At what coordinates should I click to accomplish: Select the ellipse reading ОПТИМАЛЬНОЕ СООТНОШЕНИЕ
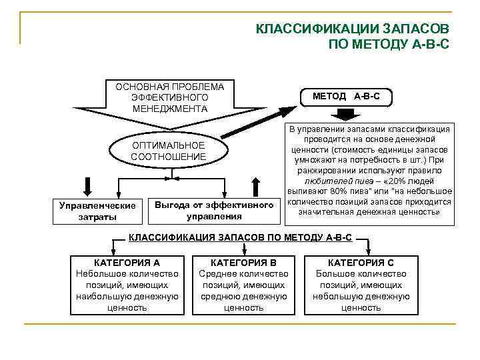pyautogui.click(x=169, y=151)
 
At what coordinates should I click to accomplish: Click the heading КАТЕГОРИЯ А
pyautogui.click(x=127, y=263)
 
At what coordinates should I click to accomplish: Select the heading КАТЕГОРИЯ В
pyautogui.click(x=243, y=263)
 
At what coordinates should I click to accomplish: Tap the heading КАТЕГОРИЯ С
pyautogui.click(x=361, y=263)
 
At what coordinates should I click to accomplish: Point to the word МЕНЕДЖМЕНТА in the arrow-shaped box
pyautogui.click(x=169, y=109)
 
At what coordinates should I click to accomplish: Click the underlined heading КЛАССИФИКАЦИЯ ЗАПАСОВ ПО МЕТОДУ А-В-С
pyautogui.click(x=240, y=237)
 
